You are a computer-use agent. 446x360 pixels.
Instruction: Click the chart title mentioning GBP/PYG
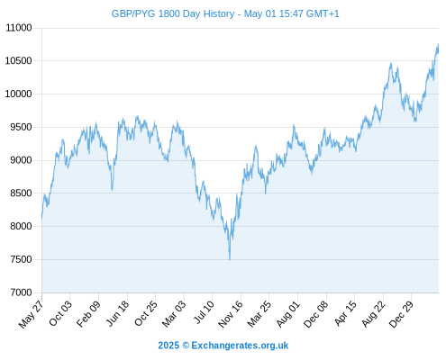click(x=225, y=13)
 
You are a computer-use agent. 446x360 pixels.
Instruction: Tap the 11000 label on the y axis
click(x=19, y=28)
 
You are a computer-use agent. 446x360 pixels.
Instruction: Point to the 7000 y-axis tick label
click(x=21, y=292)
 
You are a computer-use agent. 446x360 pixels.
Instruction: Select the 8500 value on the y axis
click(x=21, y=193)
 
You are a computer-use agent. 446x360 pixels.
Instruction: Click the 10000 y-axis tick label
click(x=19, y=94)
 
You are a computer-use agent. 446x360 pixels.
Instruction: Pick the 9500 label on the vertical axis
click(x=21, y=127)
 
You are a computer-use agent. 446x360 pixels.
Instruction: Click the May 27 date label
click(x=31, y=314)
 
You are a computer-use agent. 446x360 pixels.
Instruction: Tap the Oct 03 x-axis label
click(x=60, y=313)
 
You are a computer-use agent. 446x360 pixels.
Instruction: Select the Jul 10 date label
click(x=205, y=312)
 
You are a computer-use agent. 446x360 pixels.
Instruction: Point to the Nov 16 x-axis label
click(x=231, y=314)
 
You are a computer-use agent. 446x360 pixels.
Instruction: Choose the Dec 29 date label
click(x=401, y=314)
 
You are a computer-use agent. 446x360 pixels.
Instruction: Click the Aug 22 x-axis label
click(x=373, y=314)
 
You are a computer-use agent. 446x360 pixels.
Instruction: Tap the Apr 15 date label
click(x=345, y=313)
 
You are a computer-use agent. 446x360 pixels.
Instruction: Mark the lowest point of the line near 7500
click(x=230, y=259)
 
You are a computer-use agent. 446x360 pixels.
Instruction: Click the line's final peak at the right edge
click(x=438, y=44)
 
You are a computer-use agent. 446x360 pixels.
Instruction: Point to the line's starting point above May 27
click(x=42, y=218)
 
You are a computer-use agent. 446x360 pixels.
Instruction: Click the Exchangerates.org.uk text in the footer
click(x=240, y=346)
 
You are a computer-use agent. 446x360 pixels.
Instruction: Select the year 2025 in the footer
click(x=168, y=346)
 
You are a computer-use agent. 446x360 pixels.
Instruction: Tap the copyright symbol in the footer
click(x=186, y=346)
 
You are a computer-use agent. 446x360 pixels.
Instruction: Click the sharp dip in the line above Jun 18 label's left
click(x=112, y=189)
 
